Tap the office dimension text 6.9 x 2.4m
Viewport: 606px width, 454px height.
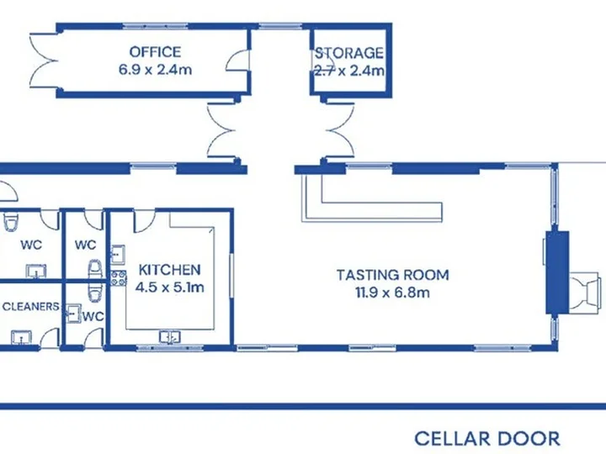(x=155, y=70)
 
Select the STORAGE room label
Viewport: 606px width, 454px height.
(x=348, y=53)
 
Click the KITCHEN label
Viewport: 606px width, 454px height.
(x=170, y=270)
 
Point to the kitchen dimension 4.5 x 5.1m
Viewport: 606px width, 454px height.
(x=170, y=288)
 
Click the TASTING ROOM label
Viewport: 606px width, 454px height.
(x=393, y=275)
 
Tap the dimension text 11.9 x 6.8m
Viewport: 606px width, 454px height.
(x=393, y=293)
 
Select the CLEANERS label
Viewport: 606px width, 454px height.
(x=30, y=307)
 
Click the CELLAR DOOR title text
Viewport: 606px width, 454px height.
(x=487, y=439)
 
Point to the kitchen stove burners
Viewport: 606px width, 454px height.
(x=119, y=278)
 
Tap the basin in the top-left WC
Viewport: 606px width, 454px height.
(x=36, y=271)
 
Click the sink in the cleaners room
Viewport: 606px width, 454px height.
(x=22, y=337)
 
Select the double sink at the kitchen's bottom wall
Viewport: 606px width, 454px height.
(x=170, y=336)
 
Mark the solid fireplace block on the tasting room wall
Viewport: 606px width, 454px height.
(x=557, y=272)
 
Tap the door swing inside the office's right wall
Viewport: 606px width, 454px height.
(x=237, y=61)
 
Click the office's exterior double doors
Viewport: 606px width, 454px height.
(x=43, y=61)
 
